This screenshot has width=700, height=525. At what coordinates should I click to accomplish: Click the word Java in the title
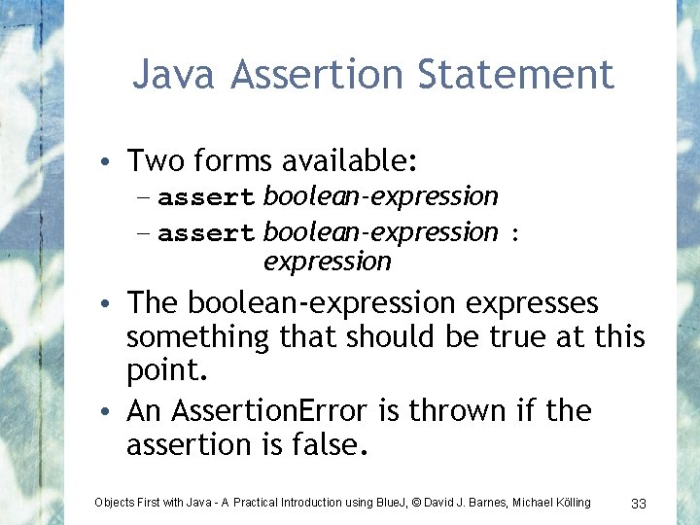172,74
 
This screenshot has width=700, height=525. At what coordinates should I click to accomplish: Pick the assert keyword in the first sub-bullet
206,197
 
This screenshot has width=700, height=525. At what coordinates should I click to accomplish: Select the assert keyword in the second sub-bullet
206,233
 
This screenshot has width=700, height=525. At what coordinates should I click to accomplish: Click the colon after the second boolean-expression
515,234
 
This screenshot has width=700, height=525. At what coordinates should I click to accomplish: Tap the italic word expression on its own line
327,262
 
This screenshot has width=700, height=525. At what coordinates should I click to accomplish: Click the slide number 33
639,503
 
